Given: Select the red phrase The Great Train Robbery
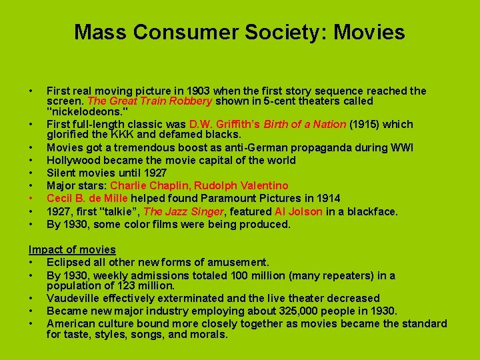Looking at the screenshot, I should coord(150,101).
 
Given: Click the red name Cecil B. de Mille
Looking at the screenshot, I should coord(87,198).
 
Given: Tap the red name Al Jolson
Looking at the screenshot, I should coord(299,211).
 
